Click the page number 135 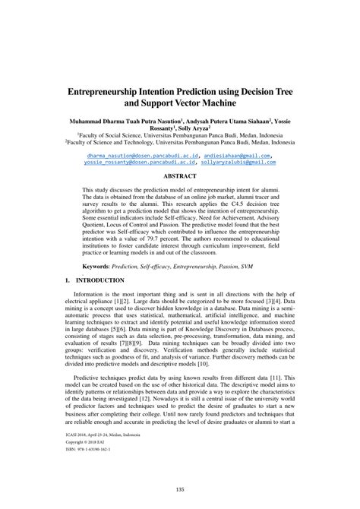(x=179, y=489)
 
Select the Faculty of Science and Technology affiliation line (x=179, y=141)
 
